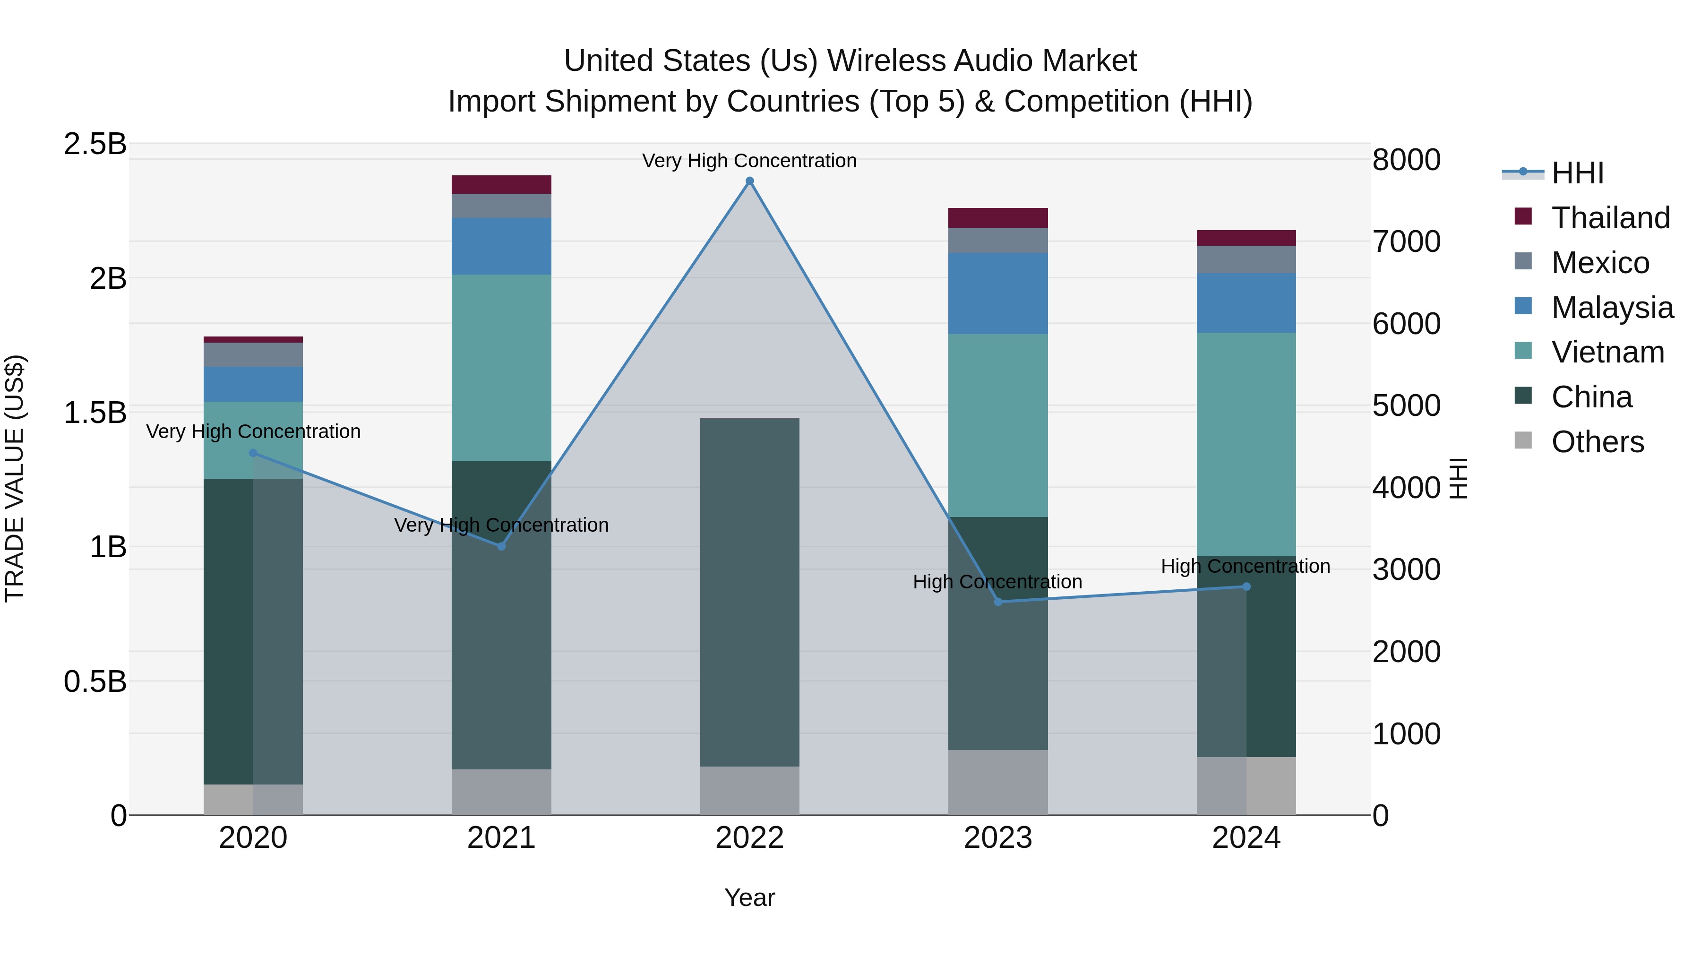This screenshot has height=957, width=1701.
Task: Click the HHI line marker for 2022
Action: pyautogui.click(x=749, y=181)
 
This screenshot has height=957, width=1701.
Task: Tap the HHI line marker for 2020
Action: pyautogui.click(x=253, y=453)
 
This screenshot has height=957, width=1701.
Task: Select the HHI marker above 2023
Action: pyautogui.click(x=998, y=602)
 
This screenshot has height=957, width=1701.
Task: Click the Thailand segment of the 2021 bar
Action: pyautogui.click(x=501, y=184)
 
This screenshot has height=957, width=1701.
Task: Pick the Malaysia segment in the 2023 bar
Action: pyautogui.click(x=998, y=293)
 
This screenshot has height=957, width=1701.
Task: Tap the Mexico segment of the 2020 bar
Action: pyautogui.click(x=253, y=354)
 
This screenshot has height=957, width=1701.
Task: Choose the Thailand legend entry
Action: pyautogui.click(x=1610, y=218)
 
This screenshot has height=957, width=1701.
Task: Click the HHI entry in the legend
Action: pyautogui.click(x=1577, y=173)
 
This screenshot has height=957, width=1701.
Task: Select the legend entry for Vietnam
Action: pyautogui.click(x=1607, y=352)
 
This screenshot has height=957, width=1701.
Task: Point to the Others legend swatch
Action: pyautogui.click(x=1523, y=440)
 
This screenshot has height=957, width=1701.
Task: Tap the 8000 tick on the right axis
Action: pyautogui.click(x=1406, y=160)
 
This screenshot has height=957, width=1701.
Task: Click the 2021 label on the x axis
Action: pyautogui.click(x=501, y=838)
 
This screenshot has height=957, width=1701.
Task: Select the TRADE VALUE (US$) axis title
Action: pyautogui.click(x=15, y=478)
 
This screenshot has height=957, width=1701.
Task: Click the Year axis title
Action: pyautogui.click(x=749, y=897)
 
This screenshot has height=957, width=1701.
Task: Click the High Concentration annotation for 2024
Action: pyautogui.click(x=1246, y=566)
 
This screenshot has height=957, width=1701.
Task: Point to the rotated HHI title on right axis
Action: pyautogui.click(x=1458, y=478)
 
